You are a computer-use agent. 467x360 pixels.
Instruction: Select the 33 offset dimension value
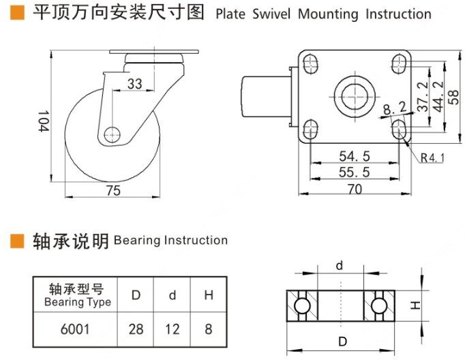135,84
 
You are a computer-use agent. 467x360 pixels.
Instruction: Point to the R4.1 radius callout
432,158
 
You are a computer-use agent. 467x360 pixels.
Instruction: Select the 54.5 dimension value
355,156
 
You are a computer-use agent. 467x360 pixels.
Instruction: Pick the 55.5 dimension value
355,172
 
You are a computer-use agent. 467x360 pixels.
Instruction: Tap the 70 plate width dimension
355,190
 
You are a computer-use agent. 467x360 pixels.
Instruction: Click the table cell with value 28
136,329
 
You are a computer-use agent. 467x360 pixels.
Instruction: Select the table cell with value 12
172,329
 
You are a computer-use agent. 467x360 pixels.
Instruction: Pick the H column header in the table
209,295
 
